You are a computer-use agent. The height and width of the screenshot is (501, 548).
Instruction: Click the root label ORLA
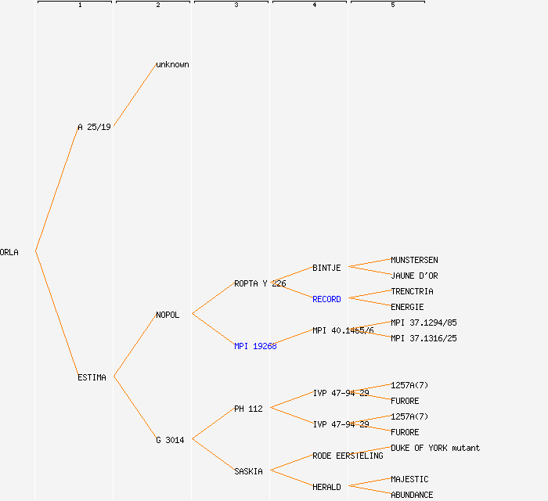(x=9, y=252)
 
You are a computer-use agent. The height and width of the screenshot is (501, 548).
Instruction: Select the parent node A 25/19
(x=94, y=127)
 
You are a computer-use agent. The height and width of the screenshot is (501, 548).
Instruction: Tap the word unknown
(x=172, y=64)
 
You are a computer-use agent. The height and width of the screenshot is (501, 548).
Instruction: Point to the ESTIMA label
(x=92, y=377)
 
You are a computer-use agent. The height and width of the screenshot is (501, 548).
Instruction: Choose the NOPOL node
(x=168, y=315)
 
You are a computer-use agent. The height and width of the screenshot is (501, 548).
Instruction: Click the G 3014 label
(x=170, y=440)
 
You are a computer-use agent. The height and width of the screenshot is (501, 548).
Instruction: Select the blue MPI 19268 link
(x=255, y=346)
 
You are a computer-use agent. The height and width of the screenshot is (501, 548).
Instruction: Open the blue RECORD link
(x=326, y=299)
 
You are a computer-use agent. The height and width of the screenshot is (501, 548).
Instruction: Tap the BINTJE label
(x=326, y=268)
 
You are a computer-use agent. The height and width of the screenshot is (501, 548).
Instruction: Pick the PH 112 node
(x=248, y=409)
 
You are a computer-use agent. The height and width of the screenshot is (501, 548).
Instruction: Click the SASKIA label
(x=248, y=471)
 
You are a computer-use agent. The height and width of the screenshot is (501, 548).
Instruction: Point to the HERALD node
(x=326, y=487)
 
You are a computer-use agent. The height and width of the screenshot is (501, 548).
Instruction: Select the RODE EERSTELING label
(x=348, y=456)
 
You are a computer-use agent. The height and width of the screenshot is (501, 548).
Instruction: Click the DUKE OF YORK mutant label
(x=435, y=448)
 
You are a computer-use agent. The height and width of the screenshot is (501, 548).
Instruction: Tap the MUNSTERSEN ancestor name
(x=414, y=260)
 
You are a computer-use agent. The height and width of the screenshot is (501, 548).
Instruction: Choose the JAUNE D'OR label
(x=414, y=276)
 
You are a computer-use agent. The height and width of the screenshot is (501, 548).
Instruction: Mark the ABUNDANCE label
(x=412, y=495)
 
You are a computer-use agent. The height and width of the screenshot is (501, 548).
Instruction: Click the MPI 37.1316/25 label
(x=424, y=338)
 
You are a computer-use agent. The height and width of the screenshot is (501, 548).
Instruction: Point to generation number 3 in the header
(x=236, y=5)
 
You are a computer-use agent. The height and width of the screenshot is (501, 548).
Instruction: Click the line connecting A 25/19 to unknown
(x=135, y=95)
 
